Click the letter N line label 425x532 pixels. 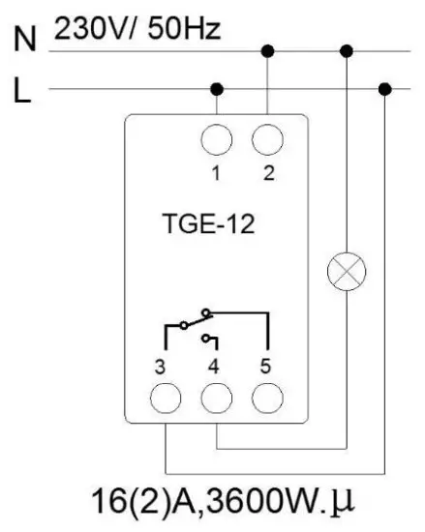pyautogui.click(x=25, y=41)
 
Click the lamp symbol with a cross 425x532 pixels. pyautogui.click(x=346, y=272)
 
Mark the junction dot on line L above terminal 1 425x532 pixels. pyautogui.click(x=216, y=89)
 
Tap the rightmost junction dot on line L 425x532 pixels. pyautogui.click(x=385, y=89)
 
